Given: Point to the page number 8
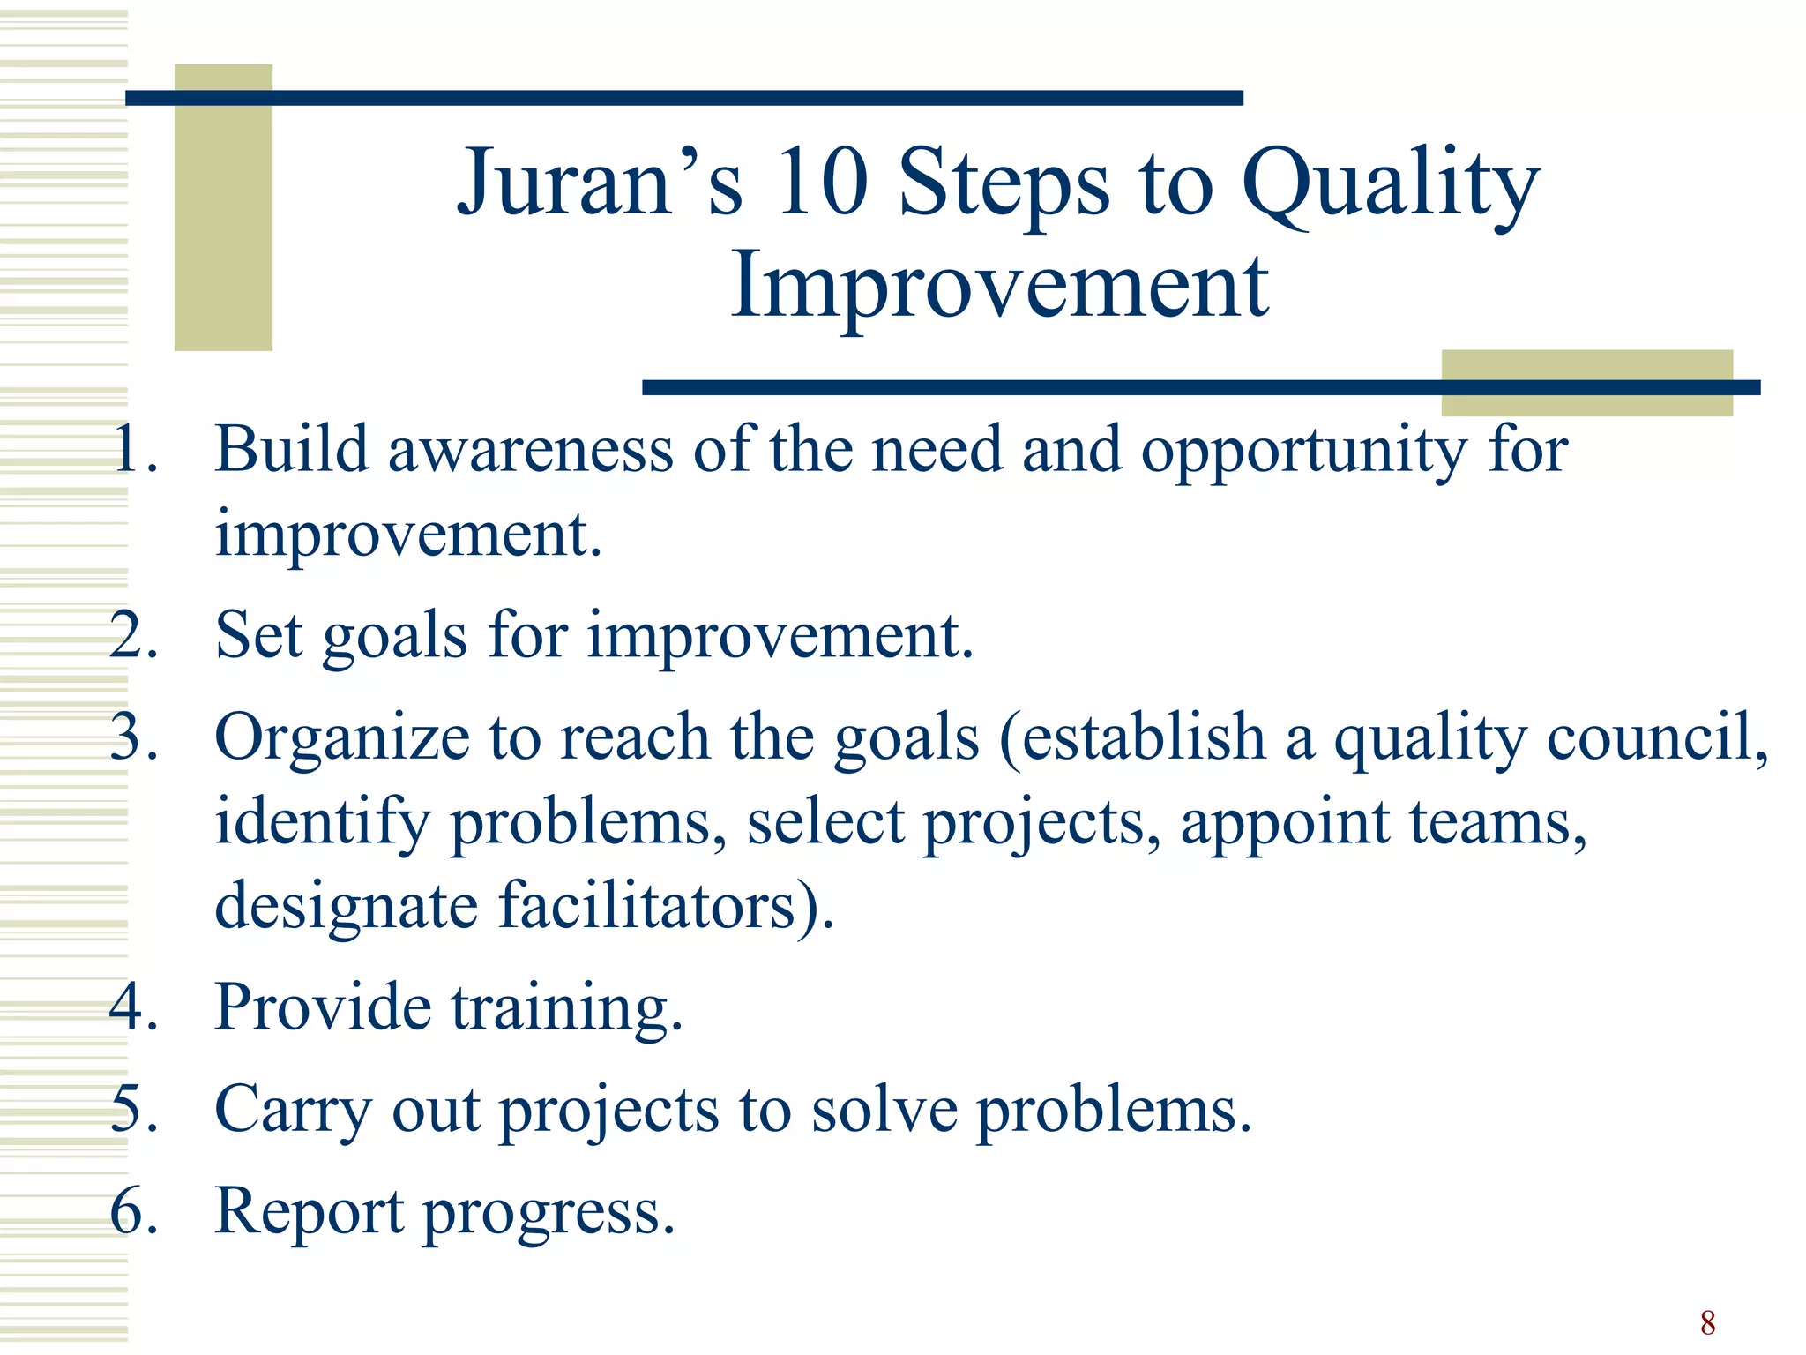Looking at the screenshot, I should pos(1707,1323).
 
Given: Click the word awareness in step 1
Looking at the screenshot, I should pos(531,450).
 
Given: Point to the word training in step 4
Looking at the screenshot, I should pos(566,1008).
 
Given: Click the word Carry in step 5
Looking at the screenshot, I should pos(294,1111).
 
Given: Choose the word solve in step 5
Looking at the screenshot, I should pos(884,1110).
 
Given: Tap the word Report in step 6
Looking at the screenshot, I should pos(310,1212).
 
